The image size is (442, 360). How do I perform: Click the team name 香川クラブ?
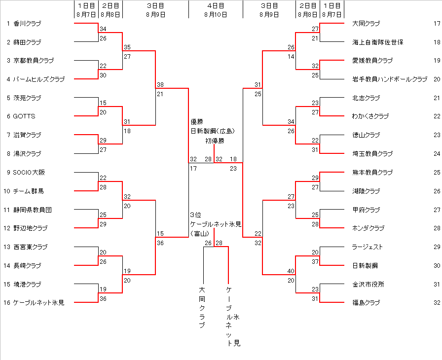tap(27, 23)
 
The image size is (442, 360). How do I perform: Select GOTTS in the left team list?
tap(24, 116)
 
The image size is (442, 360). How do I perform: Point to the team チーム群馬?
tap(29, 191)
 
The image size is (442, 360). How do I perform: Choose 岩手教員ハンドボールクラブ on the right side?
tap(390, 79)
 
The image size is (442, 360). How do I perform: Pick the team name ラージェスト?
tap(368, 247)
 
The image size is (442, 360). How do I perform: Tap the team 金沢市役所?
tap(368, 284)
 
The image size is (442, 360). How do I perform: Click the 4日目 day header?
tap(216, 6)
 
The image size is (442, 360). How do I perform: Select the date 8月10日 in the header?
tap(216, 14)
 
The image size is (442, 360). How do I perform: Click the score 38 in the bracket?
tap(160, 84)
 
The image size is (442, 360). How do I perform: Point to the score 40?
tap(291, 271)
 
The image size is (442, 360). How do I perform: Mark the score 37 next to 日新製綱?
tap(315, 261)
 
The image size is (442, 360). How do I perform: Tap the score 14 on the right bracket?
tap(291, 57)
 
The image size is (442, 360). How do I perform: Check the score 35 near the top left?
tap(127, 47)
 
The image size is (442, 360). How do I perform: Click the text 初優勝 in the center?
tap(215, 141)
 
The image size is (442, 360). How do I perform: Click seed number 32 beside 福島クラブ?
tap(437, 302)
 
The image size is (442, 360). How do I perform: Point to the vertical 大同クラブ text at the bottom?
tap(202, 307)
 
